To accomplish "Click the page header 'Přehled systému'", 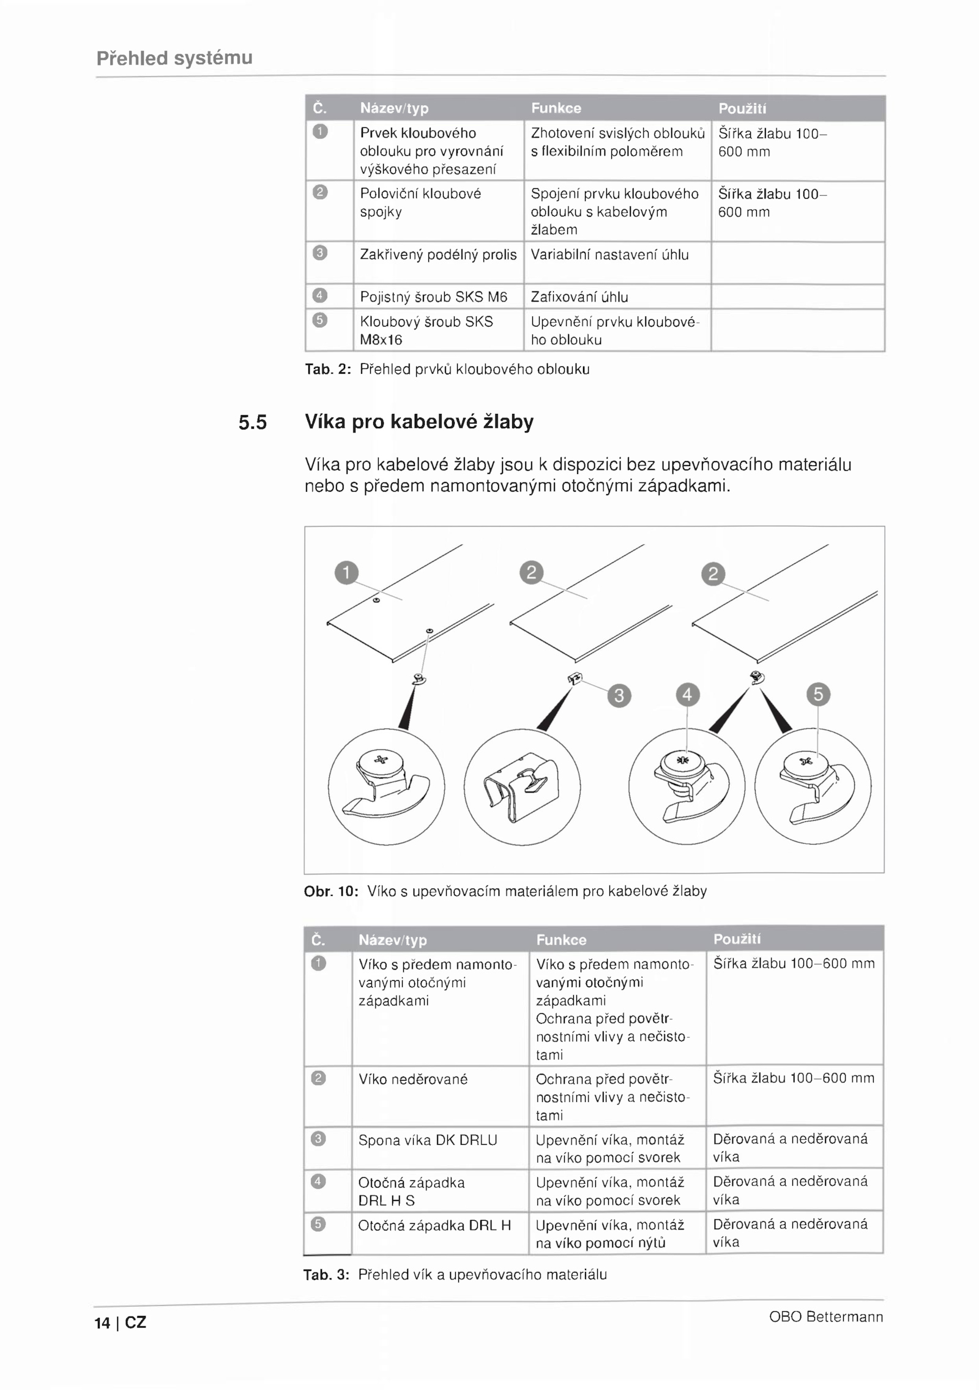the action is [x=174, y=58].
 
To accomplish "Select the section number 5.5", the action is [x=253, y=423].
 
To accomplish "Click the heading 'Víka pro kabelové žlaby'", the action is [x=419, y=422].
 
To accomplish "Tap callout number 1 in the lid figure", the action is [x=346, y=572].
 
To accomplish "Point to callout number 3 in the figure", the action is [x=619, y=695].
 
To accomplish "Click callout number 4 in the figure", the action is [x=687, y=695].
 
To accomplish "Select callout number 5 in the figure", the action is [x=818, y=694].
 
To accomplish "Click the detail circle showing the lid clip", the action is [x=522, y=786].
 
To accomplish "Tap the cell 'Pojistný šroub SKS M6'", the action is [x=434, y=297].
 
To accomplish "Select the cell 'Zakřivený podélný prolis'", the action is [x=438, y=255].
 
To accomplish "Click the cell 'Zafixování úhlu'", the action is [x=579, y=297].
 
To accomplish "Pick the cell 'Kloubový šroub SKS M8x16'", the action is [x=426, y=331].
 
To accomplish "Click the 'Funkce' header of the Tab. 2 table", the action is [x=556, y=108].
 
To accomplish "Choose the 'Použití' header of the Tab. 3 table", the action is [x=737, y=939].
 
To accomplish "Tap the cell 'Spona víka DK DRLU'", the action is [x=428, y=1140].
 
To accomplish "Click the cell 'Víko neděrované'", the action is [x=413, y=1079].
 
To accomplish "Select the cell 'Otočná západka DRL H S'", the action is [x=412, y=1191].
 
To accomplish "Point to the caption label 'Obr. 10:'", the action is [x=331, y=891].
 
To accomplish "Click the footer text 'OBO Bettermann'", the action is [x=826, y=1317].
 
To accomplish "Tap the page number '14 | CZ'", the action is [x=121, y=1323].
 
